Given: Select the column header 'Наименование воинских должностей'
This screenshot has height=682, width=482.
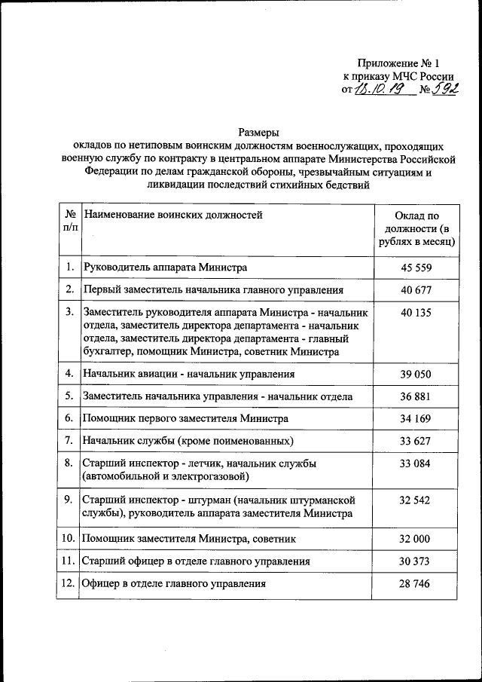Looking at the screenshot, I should (x=173, y=216).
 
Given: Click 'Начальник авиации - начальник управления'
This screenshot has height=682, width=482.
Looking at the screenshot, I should (x=189, y=374).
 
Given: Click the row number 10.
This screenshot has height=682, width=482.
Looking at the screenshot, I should (x=68, y=539).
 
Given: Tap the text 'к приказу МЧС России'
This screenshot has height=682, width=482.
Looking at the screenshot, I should (x=398, y=76).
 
